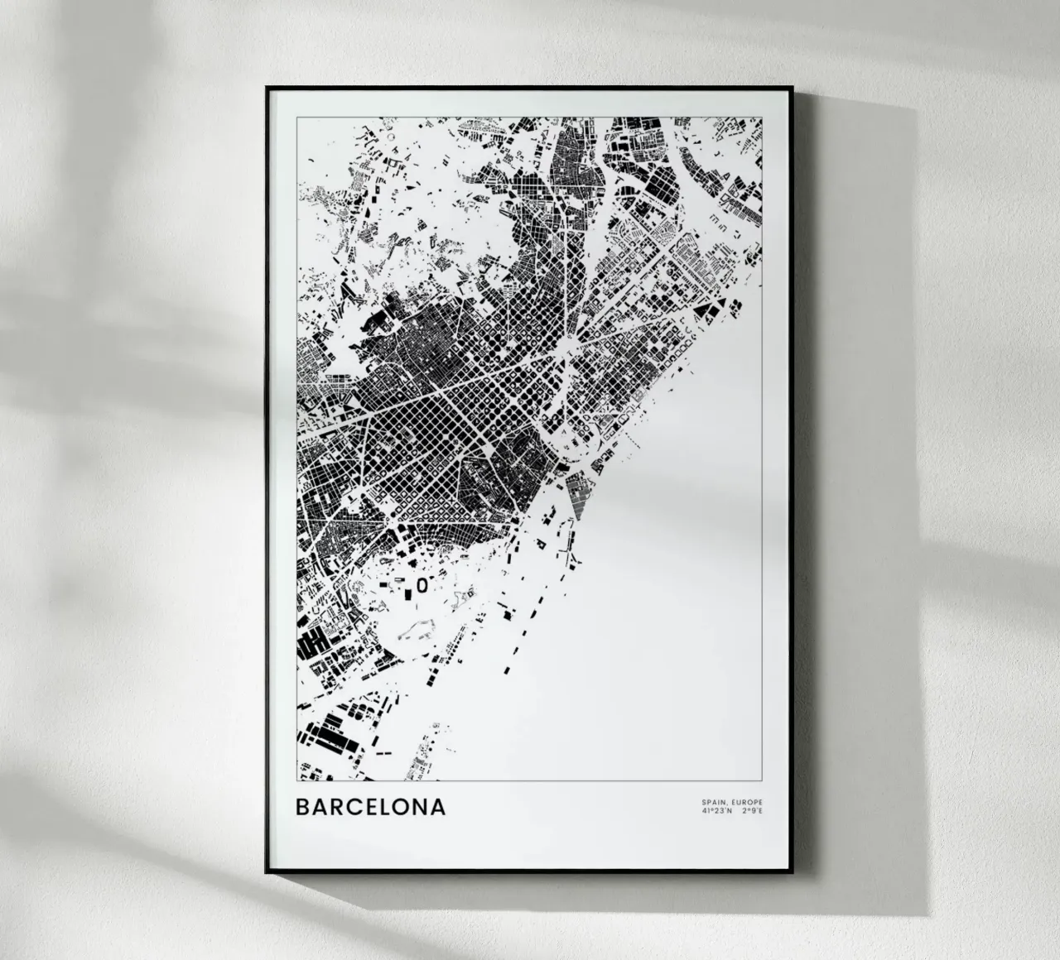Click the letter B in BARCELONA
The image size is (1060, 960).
(x=304, y=806)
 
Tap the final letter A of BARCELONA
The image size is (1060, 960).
(x=438, y=806)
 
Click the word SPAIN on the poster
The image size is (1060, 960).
(x=712, y=803)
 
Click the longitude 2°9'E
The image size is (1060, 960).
(x=752, y=811)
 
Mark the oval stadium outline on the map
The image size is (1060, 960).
(x=422, y=585)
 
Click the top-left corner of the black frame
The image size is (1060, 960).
(x=267, y=88)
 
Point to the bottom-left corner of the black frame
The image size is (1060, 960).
(x=267, y=871)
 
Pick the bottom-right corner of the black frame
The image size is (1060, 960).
(x=793, y=871)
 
